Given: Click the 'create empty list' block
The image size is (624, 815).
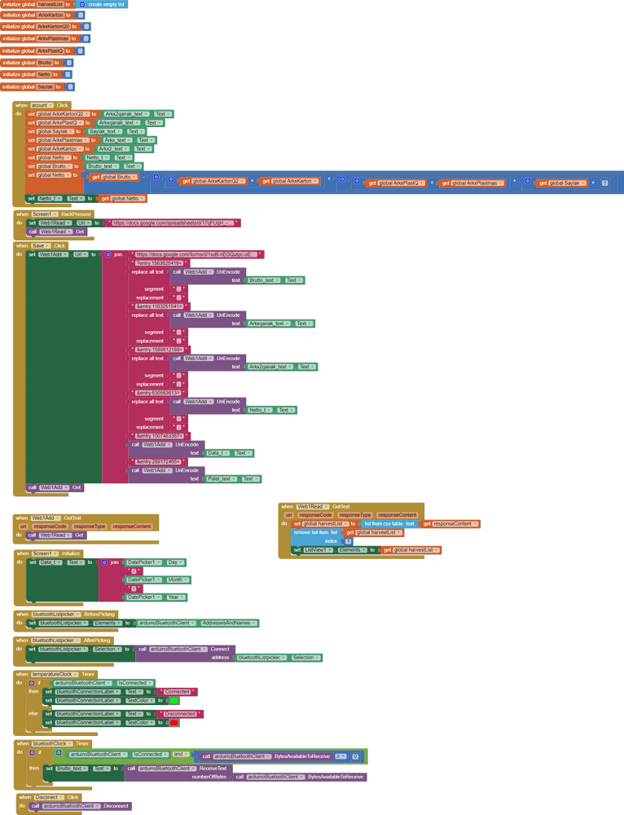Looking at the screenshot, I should click(x=106, y=4).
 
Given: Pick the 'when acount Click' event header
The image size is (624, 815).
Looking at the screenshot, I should click(x=41, y=105).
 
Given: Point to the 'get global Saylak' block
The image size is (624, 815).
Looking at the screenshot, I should click(x=562, y=183).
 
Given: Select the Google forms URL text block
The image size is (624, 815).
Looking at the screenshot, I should click(x=196, y=254).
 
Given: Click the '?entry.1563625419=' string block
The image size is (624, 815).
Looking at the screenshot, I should click(x=160, y=263).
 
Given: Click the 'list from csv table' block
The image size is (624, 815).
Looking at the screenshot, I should click(x=384, y=524).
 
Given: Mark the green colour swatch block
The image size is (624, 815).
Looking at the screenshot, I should click(x=174, y=700).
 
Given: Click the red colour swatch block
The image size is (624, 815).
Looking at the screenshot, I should click(x=174, y=722).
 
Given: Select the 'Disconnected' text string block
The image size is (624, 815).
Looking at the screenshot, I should click(x=179, y=713).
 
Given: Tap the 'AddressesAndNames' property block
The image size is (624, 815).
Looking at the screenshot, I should click(x=229, y=623).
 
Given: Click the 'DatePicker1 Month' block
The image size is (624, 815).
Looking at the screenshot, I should click(x=156, y=579).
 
